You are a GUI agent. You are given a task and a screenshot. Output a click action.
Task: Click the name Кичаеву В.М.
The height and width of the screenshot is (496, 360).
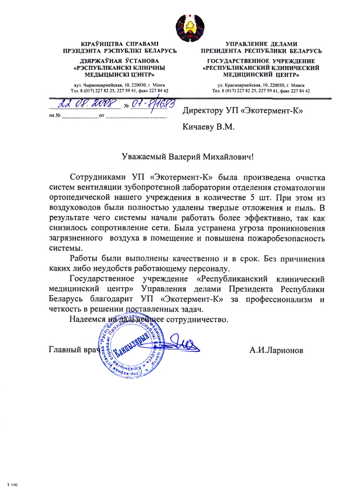click(x=208, y=128)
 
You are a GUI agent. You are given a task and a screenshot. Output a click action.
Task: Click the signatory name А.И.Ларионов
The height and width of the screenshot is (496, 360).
click(x=279, y=350)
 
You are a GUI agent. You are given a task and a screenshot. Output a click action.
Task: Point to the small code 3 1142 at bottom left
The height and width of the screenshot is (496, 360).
click(x=13, y=484)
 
